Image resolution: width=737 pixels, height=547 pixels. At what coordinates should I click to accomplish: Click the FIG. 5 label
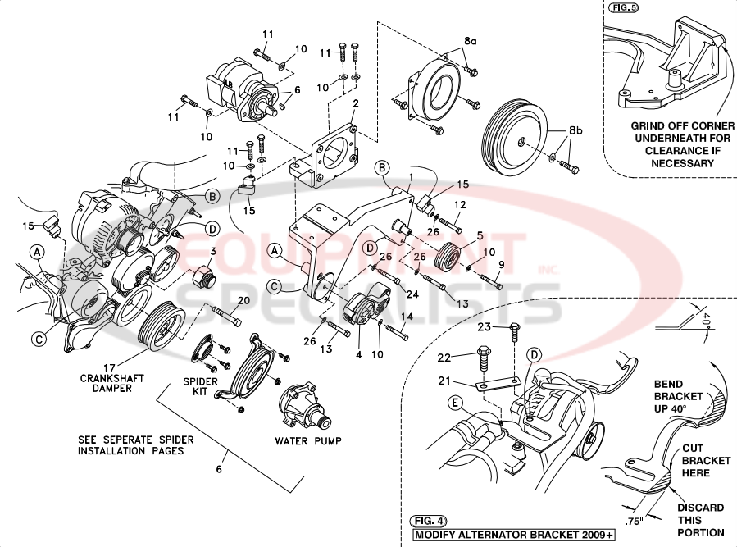pos(624,8)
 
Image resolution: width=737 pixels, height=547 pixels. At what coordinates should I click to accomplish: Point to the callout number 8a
pos(470,39)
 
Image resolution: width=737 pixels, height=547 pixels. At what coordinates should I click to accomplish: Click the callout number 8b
pos(575,130)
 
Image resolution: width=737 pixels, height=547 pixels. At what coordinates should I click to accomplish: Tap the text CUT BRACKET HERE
pos(706,461)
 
